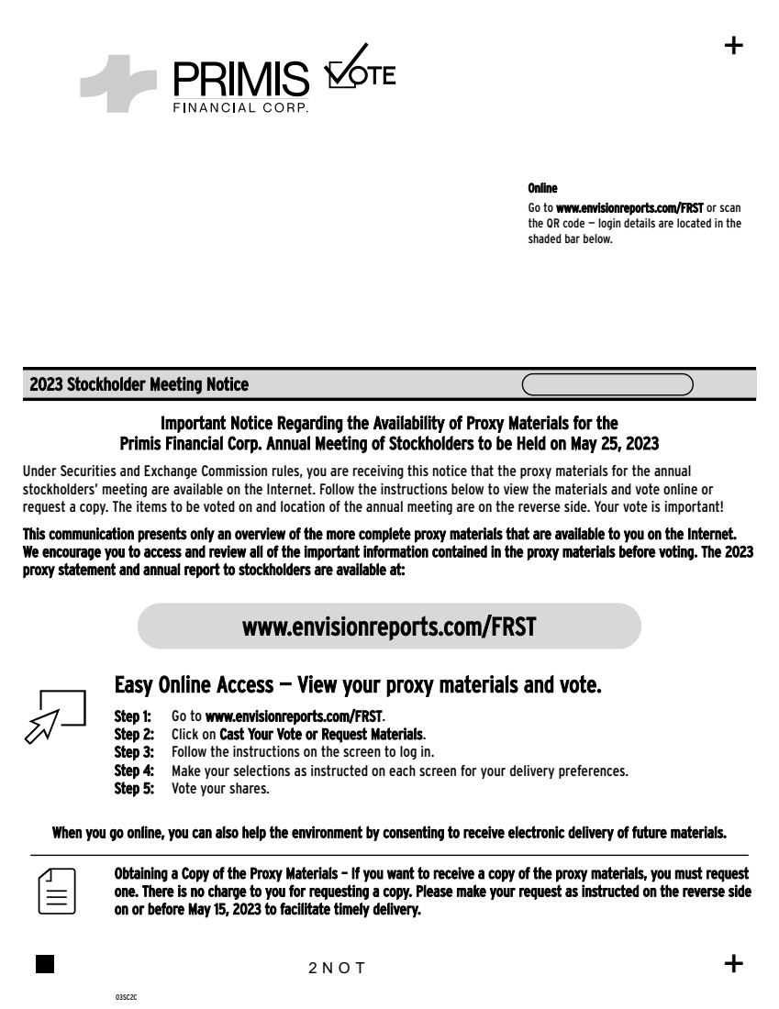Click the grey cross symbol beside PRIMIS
point(117,83)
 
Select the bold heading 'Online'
point(542,188)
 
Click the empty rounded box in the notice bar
point(607,384)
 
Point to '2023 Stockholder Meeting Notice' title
point(139,384)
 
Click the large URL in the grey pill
point(389,626)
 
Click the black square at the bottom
point(44,963)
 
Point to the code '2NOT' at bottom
point(337,968)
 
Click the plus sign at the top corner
point(734,46)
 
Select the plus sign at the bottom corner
point(734,963)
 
